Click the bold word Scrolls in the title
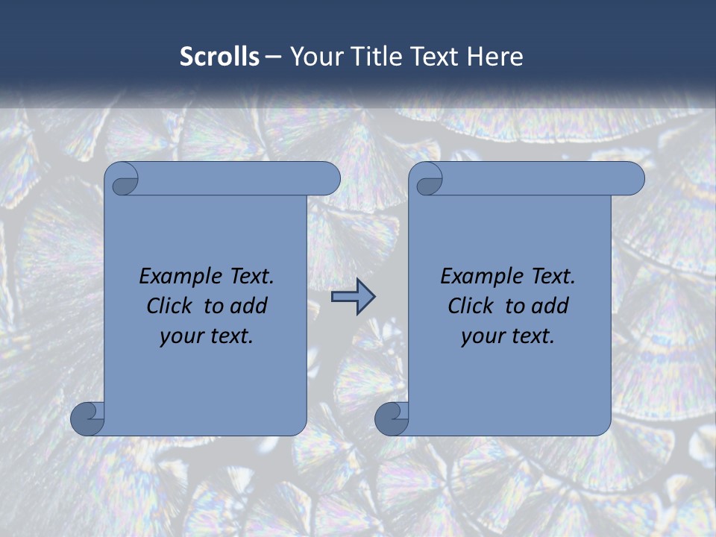(x=219, y=56)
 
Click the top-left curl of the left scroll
(x=124, y=180)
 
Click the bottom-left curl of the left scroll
(x=87, y=418)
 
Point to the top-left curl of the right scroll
(x=428, y=180)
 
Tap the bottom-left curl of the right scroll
(x=391, y=418)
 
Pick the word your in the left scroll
(x=180, y=336)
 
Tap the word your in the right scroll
(x=482, y=336)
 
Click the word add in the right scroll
(x=551, y=306)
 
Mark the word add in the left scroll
(x=250, y=306)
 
